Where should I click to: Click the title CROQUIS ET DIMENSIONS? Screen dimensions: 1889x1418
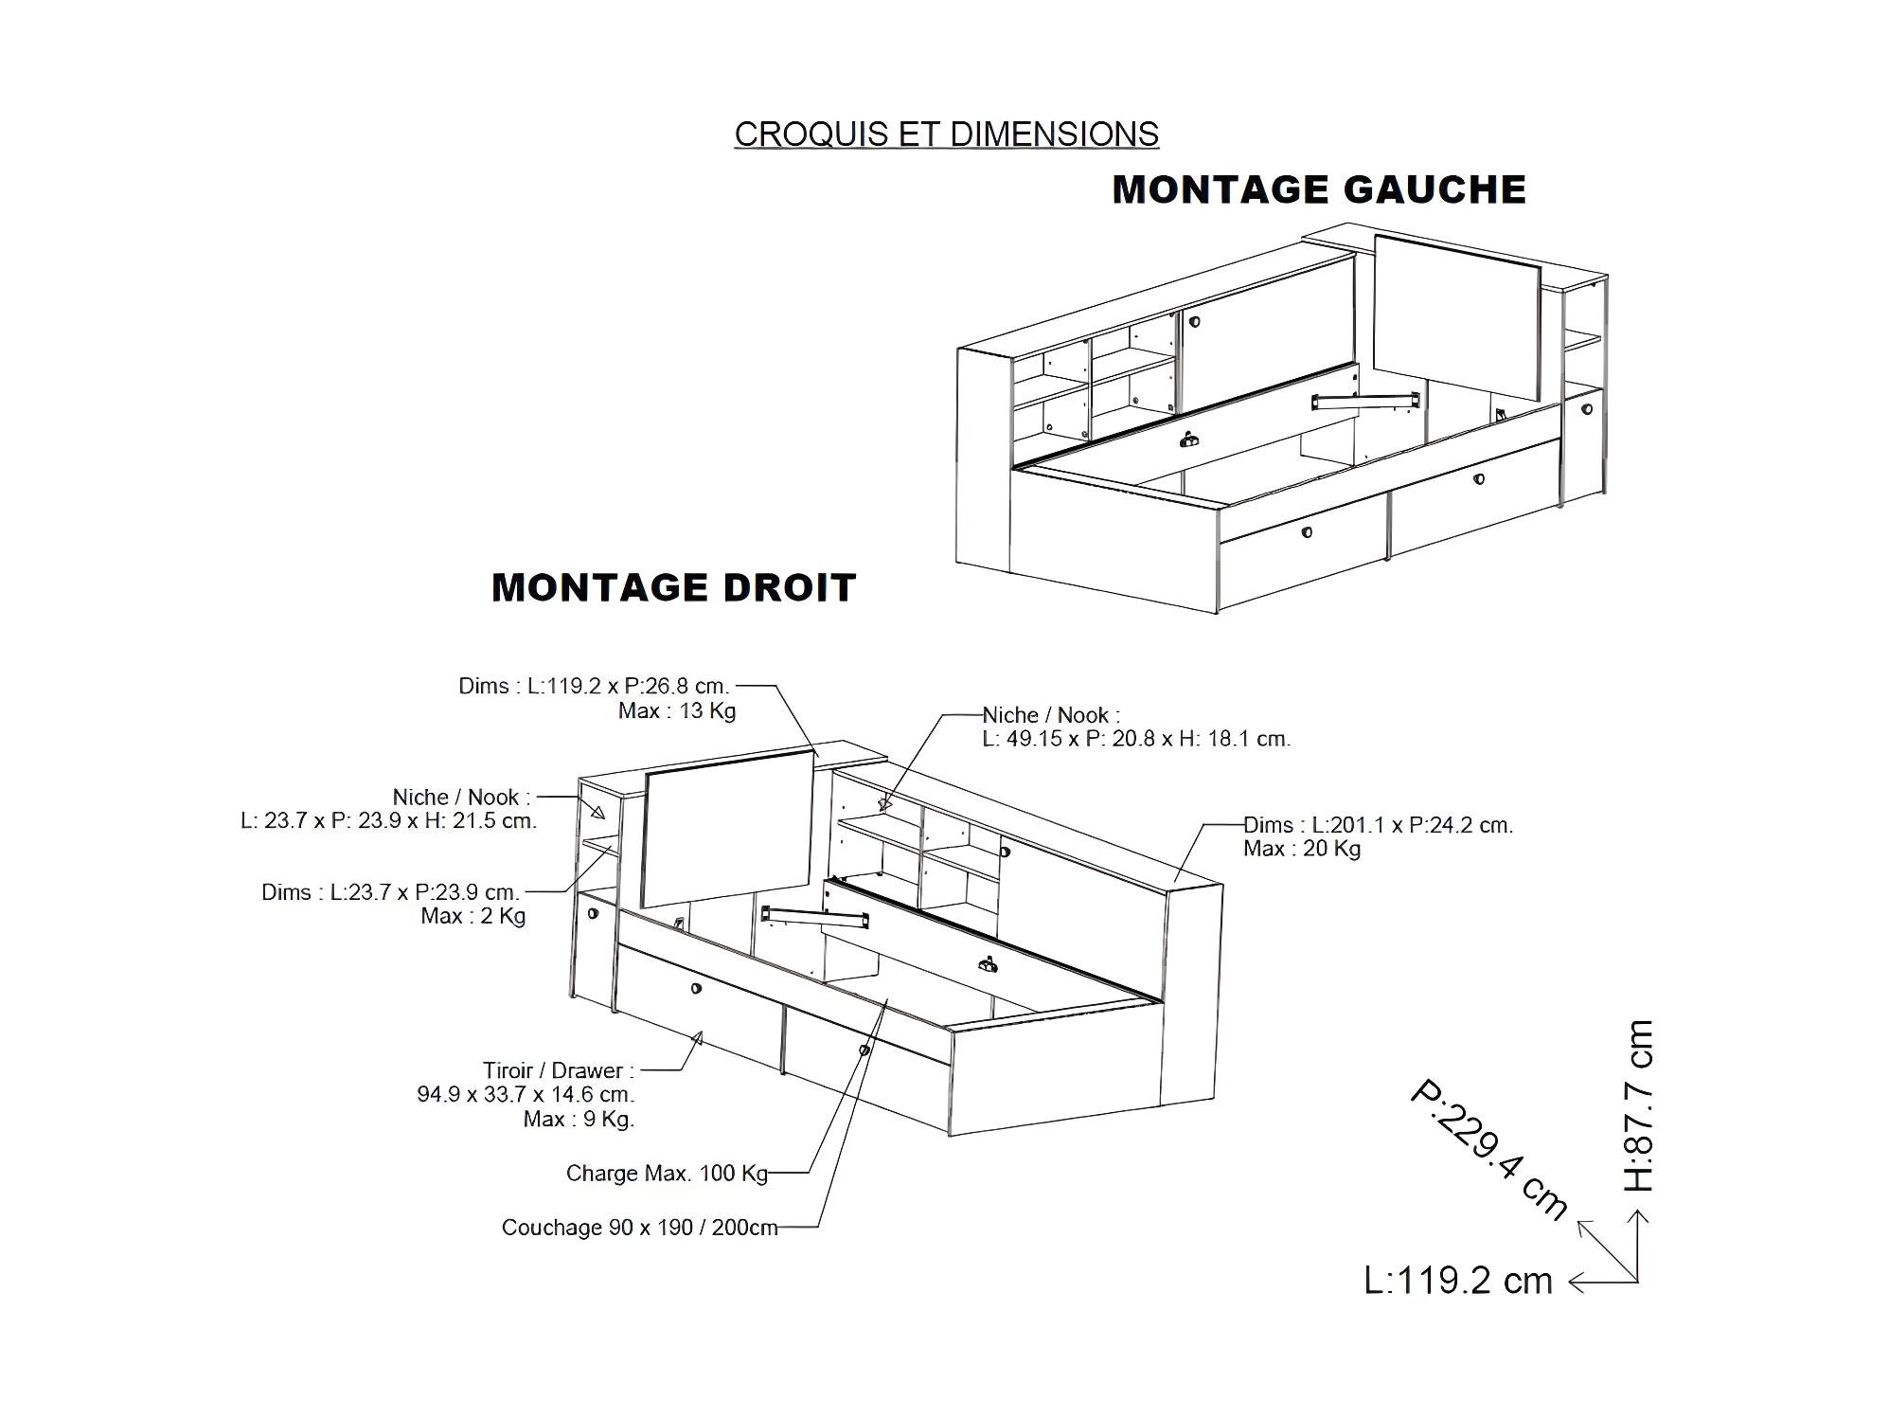[946, 135]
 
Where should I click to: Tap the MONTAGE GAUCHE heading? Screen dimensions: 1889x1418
[1319, 189]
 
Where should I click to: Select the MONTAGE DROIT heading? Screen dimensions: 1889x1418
[673, 587]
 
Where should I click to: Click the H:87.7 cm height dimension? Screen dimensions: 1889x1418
[1639, 1105]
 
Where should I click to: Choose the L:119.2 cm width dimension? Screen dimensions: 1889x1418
[1458, 1281]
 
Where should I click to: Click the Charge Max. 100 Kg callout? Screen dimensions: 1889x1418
[667, 1173]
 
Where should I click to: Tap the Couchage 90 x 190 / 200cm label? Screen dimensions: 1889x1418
[639, 1228]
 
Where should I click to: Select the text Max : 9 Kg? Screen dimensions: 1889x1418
[579, 1120]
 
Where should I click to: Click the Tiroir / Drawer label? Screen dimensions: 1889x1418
[559, 1070]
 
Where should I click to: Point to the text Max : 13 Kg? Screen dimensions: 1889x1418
[677, 710]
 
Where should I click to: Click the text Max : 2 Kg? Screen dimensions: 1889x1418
[473, 916]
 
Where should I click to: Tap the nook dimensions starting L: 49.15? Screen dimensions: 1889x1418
[1136, 739]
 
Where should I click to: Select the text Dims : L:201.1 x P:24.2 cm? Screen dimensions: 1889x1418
[1379, 825]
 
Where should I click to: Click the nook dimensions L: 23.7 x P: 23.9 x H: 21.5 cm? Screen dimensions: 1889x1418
[389, 820]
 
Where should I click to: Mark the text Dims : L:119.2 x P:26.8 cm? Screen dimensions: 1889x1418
[595, 686]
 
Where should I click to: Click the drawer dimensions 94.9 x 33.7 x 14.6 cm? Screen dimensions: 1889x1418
[526, 1094]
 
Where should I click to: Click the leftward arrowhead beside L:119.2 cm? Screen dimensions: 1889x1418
[1577, 1283]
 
